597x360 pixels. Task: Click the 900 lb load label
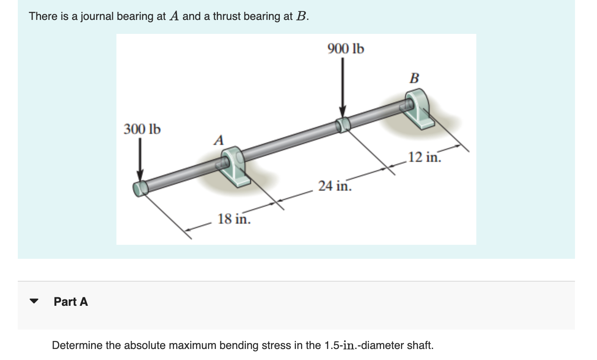pyautogui.click(x=345, y=49)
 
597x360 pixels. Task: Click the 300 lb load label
pyautogui.click(x=142, y=129)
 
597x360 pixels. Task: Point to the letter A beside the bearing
pyautogui.click(x=218, y=140)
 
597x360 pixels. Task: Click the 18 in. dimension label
pyautogui.click(x=234, y=219)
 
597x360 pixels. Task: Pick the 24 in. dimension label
pyautogui.click(x=334, y=186)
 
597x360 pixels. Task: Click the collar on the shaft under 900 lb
pyautogui.click(x=343, y=125)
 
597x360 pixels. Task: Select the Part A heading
pyautogui.click(x=71, y=302)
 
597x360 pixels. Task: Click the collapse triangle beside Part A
pyautogui.click(x=34, y=302)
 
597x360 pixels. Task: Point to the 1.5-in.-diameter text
pyautogui.click(x=364, y=345)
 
